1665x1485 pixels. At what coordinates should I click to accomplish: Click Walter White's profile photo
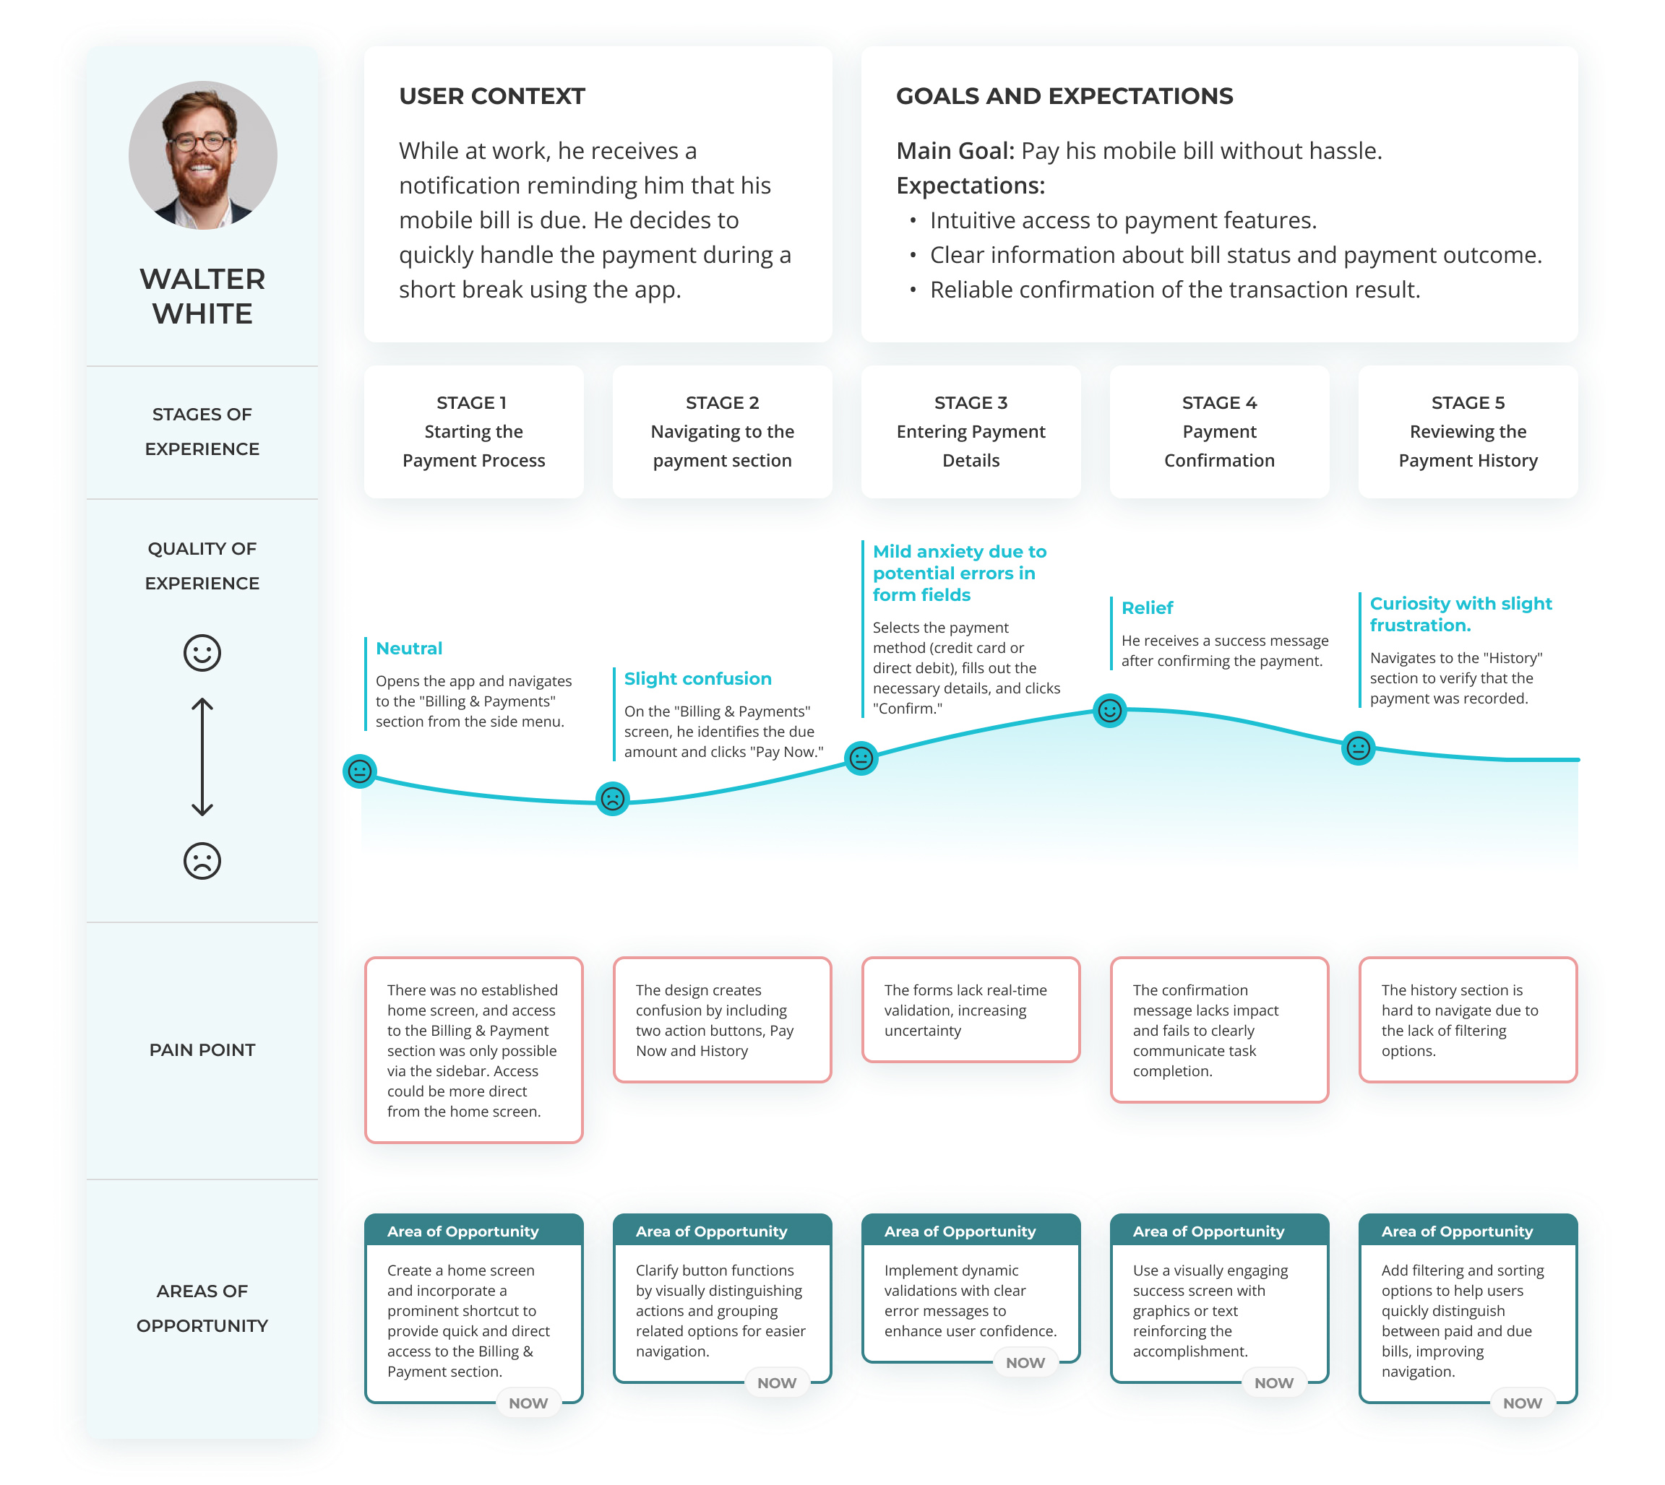coord(202,155)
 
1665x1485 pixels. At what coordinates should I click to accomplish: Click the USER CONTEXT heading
coord(491,96)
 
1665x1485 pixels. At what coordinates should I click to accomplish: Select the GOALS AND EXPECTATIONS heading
coord(1064,96)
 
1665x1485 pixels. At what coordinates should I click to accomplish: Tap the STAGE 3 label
coord(971,402)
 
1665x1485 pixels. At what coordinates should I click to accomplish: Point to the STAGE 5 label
coord(1468,402)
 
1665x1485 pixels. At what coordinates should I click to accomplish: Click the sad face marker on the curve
coord(612,799)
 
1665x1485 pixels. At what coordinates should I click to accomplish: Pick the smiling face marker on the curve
coord(1109,711)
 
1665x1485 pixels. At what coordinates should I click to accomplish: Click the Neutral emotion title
coord(409,649)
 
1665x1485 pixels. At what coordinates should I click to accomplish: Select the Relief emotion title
coord(1147,608)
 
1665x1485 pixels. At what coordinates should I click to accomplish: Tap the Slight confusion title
coord(698,679)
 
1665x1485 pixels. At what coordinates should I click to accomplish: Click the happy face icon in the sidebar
coord(202,653)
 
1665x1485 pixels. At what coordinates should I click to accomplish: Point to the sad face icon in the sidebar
coord(202,861)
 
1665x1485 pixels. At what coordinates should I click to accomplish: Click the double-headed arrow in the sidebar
coord(202,757)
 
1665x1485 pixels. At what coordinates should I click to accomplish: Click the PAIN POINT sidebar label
coord(202,1050)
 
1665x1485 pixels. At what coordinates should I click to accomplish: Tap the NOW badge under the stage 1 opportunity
coord(528,1403)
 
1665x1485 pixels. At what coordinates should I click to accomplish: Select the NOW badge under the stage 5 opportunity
coord(1522,1403)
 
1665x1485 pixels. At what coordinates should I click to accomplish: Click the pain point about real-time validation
coord(971,1010)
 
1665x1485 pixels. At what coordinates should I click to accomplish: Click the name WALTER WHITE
coord(202,296)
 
